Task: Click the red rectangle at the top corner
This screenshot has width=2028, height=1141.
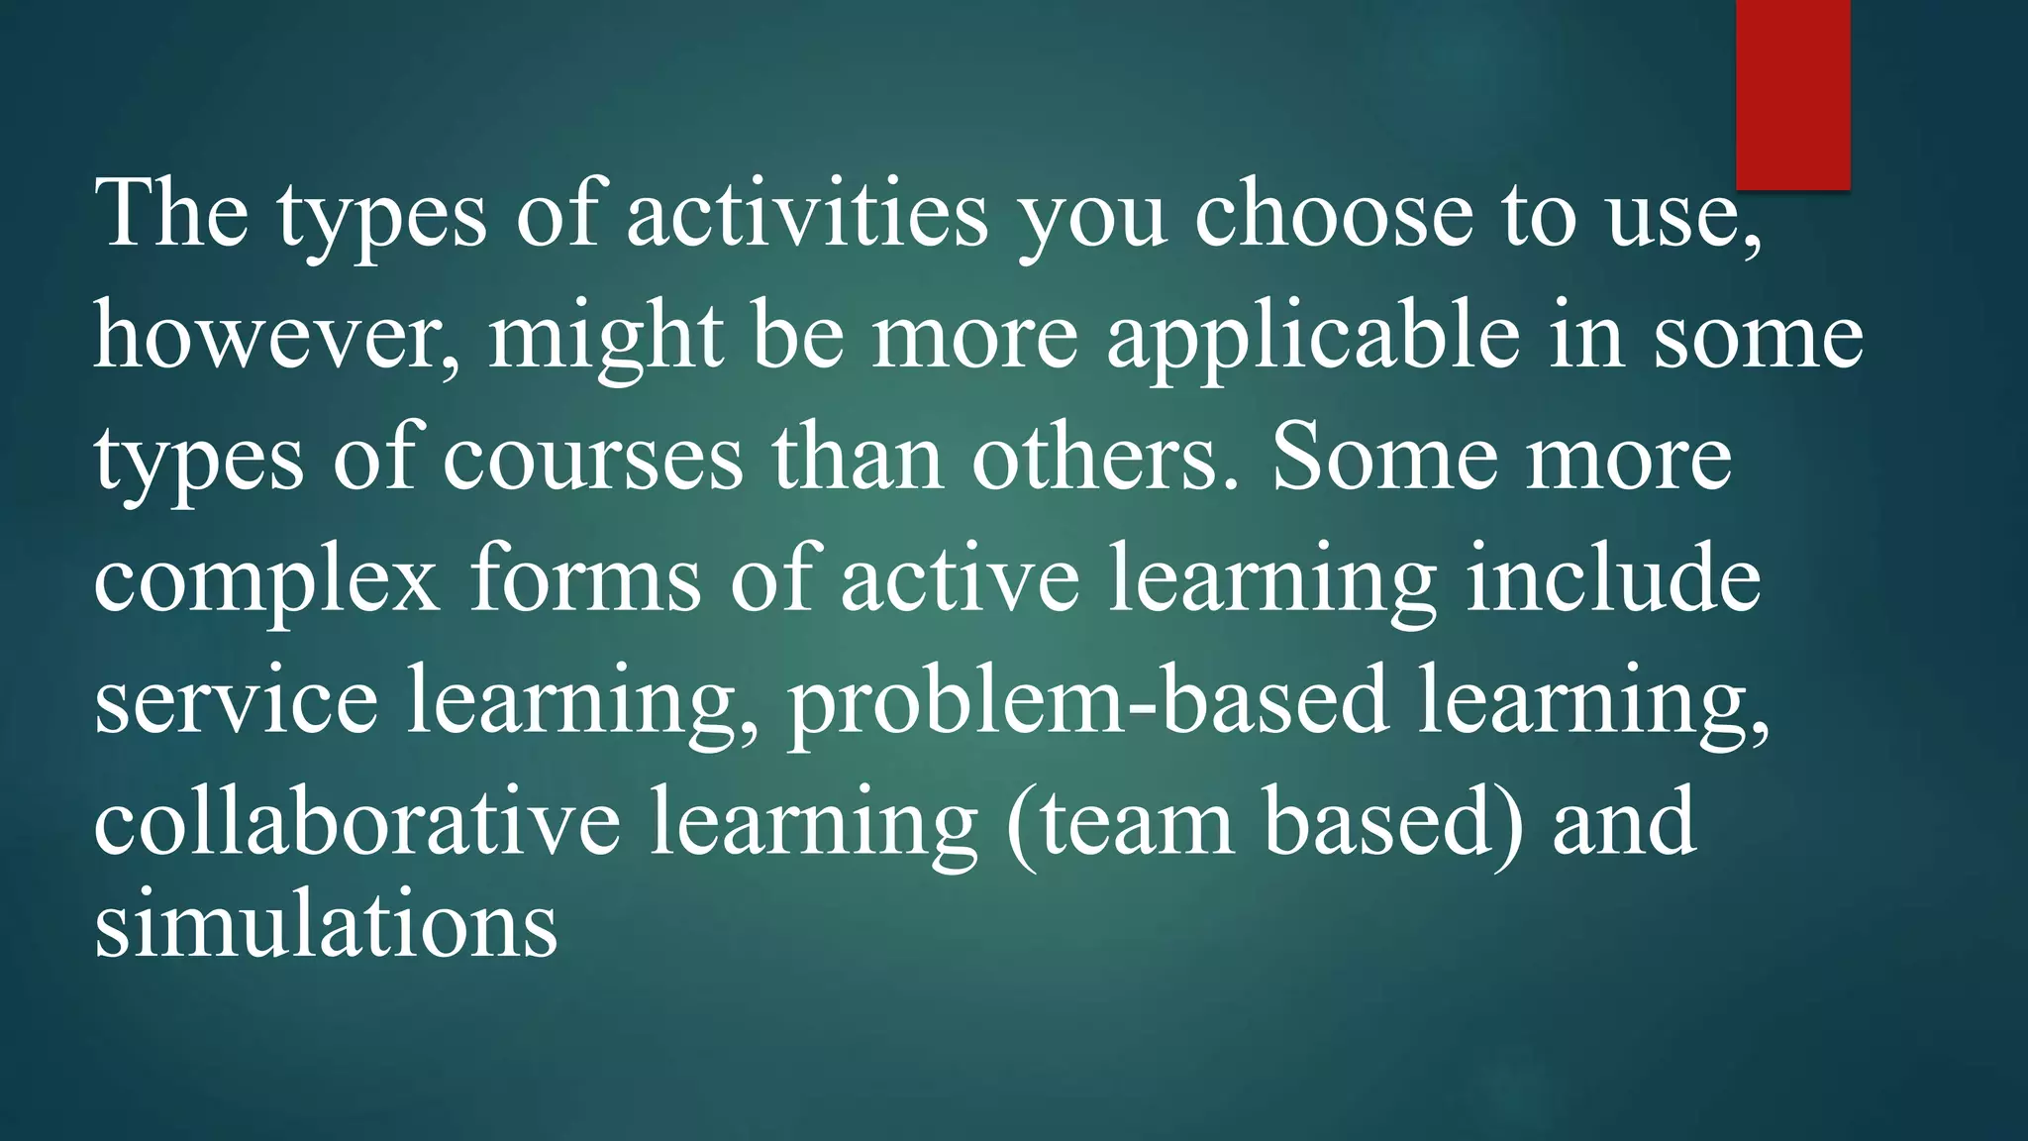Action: pos(1792,94)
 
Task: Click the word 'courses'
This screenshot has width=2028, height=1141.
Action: pos(591,459)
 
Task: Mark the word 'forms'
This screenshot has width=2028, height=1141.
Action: pos(585,578)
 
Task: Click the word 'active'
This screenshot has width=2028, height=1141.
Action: pos(960,578)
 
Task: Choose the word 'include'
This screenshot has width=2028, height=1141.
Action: pos(1613,578)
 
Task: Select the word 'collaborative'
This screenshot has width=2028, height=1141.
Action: pos(356,822)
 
